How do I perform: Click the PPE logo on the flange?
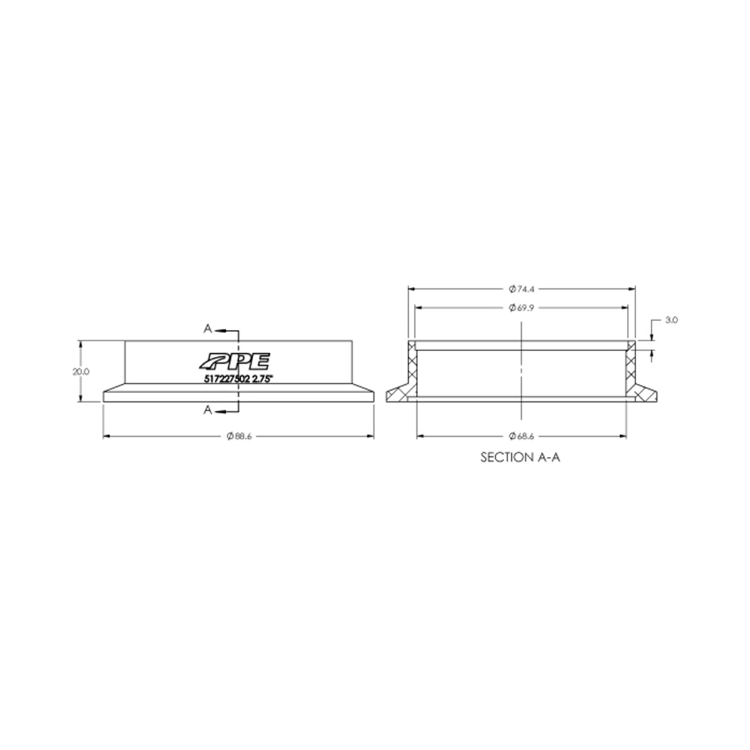click(x=234, y=361)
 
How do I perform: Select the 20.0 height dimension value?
click(x=81, y=371)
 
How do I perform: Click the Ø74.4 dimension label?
click(x=522, y=289)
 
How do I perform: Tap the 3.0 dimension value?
click(x=671, y=319)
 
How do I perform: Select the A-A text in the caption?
click(x=551, y=457)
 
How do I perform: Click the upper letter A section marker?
click(x=207, y=328)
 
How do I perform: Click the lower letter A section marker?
click(x=207, y=410)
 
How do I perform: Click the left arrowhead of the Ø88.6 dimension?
click(x=106, y=436)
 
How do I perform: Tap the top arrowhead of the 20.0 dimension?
click(x=81, y=343)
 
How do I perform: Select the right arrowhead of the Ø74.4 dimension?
click(x=632, y=289)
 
